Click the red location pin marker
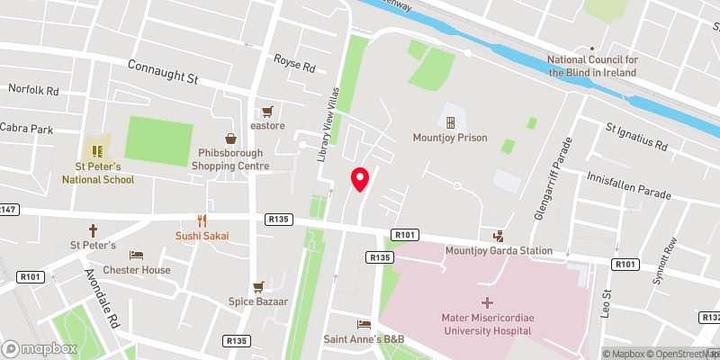(360, 179)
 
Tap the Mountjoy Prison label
(449, 138)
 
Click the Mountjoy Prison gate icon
(450, 121)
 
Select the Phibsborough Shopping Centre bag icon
(231, 139)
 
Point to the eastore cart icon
(267, 112)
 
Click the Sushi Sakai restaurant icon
(202, 220)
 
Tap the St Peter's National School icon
(97, 147)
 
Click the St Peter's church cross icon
(93, 230)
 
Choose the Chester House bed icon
(136, 256)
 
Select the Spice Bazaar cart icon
(258, 287)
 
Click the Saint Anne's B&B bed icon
(364, 324)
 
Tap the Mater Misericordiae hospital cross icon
(488, 302)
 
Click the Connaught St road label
(162, 73)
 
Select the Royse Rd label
(295, 67)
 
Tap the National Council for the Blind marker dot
(592, 49)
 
